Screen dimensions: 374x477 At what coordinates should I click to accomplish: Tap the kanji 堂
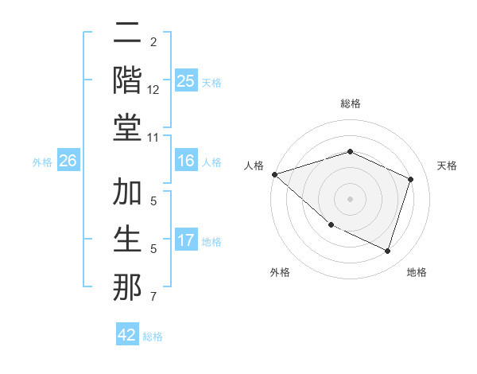point(128,127)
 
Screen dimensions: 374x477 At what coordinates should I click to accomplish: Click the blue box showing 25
point(185,80)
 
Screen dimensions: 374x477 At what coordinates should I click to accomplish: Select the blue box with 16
point(185,161)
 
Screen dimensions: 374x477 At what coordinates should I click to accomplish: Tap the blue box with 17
point(185,240)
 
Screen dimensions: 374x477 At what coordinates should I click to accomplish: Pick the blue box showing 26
point(68,161)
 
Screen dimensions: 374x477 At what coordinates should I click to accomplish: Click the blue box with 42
point(127,335)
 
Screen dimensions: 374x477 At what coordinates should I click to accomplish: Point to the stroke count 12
point(153,91)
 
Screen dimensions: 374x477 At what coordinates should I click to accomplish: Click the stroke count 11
point(153,138)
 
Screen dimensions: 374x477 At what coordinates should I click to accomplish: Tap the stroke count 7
point(153,298)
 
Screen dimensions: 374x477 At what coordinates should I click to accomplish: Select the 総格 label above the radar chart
point(350,103)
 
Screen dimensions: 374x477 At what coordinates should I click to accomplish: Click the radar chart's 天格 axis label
point(447,166)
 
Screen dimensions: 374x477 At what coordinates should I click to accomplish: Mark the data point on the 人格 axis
point(274,173)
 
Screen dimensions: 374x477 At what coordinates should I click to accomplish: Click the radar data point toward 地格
point(387,251)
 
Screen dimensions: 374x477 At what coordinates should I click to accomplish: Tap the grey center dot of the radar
point(350,198)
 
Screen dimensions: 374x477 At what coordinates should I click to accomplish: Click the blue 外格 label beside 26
point(42,162)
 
